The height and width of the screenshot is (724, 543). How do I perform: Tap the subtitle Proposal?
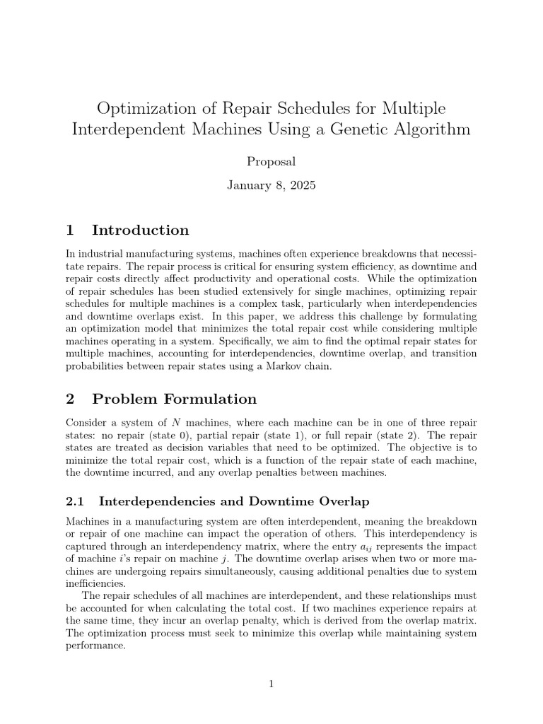(271, 161)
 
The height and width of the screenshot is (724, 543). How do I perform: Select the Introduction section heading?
(140, 230)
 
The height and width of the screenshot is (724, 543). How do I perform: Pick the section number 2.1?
(75, 501)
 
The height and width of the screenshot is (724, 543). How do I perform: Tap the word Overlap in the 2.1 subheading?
(341, 501)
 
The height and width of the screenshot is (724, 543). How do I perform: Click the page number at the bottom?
(271, 684)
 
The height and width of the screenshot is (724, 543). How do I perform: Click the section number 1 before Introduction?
(70, 230)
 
